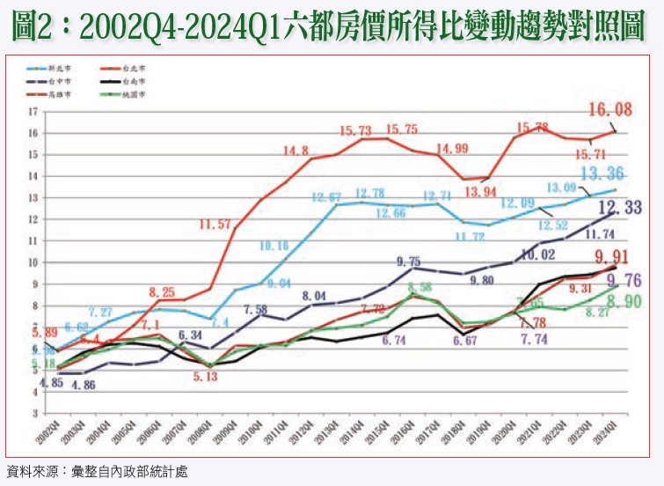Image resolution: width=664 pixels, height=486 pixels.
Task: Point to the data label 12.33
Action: (621, 208)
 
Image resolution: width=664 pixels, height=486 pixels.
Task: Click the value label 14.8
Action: (296, 151)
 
